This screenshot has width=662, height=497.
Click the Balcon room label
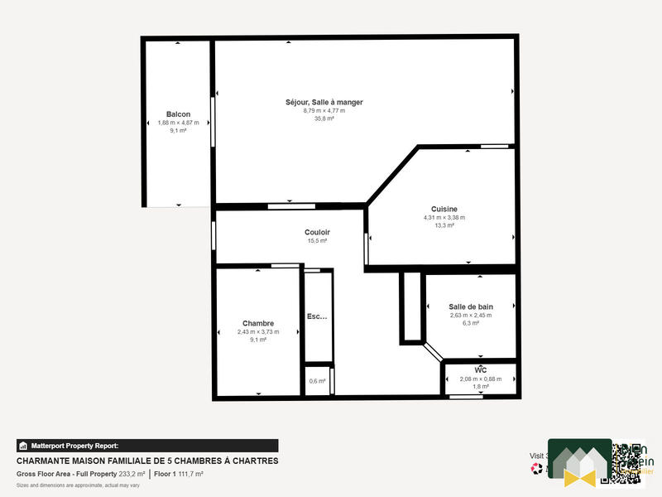tap(178, 114)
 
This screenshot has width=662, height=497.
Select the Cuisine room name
tap(444, 209)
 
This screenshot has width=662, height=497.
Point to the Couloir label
tap(317, 233)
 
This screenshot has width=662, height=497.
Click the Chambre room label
tap(258, 323)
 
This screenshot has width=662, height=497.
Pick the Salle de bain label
tap(470, 306)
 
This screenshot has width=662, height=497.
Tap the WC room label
tap(480, 369)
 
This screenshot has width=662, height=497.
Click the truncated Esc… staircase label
tap(317, 316)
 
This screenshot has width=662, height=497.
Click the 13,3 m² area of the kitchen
tap(444, 225)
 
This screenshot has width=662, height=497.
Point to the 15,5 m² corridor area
tap(317, 241)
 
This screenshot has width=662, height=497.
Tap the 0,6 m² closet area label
tap(317, 381)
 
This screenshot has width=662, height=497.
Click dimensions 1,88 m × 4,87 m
tap(178, 123)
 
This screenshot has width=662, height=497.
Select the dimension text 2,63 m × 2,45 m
tap(470, 315)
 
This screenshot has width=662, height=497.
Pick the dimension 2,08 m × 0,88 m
tap(480, 379)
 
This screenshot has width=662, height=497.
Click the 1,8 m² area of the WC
tap(480, 387)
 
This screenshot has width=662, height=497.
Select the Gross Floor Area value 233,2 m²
tap(132, 474)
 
